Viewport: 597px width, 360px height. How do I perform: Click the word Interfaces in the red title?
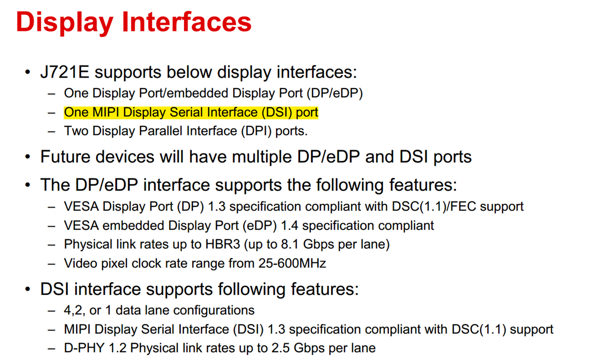coord(187,21)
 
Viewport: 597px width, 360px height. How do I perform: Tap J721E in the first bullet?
coord(65,72)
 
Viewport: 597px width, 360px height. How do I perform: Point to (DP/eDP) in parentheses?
coord(335,94)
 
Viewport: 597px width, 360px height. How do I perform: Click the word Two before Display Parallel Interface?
coord(76,131)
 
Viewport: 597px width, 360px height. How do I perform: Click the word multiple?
coord(262,157)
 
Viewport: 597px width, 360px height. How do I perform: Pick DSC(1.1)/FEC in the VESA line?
coord(433,207)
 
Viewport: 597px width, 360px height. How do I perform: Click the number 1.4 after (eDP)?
coord(289,226)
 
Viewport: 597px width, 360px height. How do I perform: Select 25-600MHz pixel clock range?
coord(292,263)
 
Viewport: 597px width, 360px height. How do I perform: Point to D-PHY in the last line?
coord(84,348)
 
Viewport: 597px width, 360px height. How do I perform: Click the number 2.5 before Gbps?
coord(281,348)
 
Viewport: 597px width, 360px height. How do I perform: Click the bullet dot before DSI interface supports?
coord(28,289)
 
